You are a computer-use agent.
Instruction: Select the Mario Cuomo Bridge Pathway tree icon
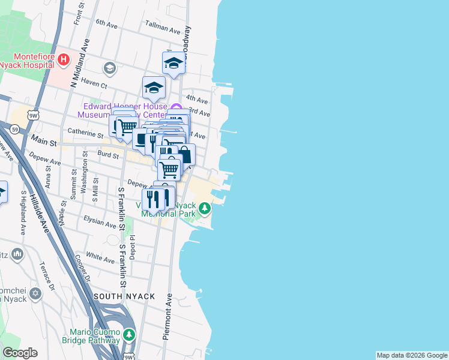click(128, 335)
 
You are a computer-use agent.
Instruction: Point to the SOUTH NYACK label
click(124, 296)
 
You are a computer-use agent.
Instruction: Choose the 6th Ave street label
click(105, 23)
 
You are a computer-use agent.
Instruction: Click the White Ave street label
click(100, 257)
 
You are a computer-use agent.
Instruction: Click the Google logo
click(19, 353)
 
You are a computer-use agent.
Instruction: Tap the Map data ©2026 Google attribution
click(412, 355)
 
